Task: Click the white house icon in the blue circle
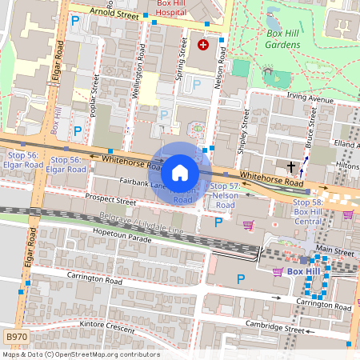[x=180, y=172]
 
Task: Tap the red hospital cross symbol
[x=202, y=46]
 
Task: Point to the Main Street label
[x=334, y=250]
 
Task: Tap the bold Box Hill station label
[x=304, y=272]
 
